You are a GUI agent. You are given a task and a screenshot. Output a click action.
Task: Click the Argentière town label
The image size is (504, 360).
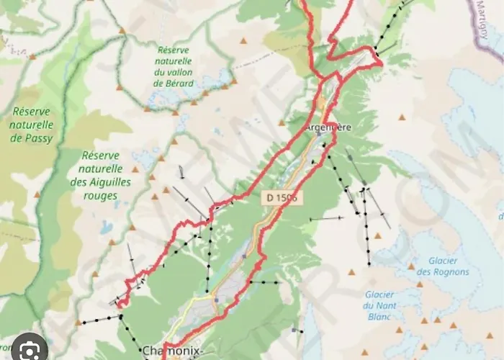tap(328, 127)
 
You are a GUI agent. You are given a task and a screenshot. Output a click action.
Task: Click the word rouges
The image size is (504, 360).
tap(101, 196)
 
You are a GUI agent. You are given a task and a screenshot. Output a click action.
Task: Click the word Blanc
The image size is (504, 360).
tap(378, 316)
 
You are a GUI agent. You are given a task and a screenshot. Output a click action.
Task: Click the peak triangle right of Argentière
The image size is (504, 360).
tap(402, 117)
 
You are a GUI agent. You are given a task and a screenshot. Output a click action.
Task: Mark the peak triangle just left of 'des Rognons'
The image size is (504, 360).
tap(410, 266)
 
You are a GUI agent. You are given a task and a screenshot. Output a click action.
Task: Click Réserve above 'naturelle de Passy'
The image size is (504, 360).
tap(32, 112)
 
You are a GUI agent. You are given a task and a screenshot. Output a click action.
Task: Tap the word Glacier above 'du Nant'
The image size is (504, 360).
tap(379, 294)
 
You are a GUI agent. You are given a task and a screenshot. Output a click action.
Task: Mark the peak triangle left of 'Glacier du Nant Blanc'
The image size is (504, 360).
tap(352, 273)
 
